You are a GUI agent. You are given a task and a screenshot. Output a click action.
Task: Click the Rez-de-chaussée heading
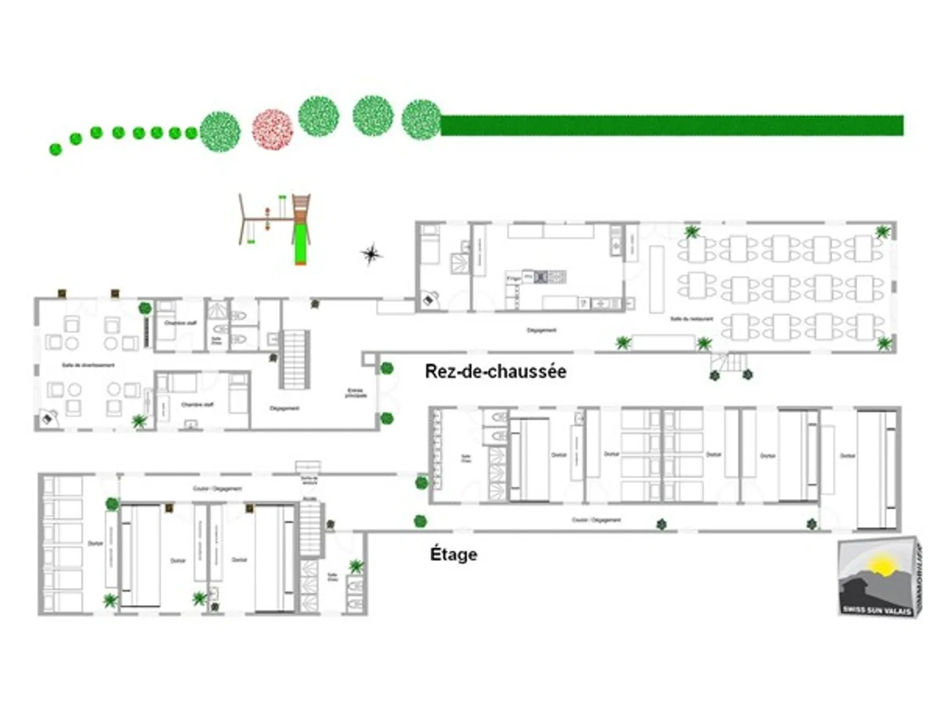click(495, 371)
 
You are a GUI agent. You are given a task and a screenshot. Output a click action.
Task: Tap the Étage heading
click(454, 554)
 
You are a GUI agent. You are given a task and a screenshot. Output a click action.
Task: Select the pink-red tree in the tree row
click(272, 129)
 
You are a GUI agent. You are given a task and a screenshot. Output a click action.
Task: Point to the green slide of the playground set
click(300, 243)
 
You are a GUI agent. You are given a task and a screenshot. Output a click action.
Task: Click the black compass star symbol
click(371, 254)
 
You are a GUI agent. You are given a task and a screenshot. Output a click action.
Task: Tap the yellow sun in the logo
click(881, 564)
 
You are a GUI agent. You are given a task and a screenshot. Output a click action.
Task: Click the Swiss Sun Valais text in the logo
click(877, 609)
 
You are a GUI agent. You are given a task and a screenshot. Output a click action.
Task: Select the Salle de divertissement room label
click(88, 365)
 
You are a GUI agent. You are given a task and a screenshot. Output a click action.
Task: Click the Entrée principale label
click(356, 393)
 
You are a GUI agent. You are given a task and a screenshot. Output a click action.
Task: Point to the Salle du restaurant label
click(692, 319)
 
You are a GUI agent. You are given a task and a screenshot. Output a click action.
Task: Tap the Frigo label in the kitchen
click(513, 278)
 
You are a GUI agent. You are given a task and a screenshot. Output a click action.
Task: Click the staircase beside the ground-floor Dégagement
click(294, 359)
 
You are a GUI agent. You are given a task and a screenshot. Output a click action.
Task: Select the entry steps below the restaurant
click(731, 362)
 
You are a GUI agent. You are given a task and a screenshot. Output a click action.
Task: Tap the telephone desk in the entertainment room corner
click(47, 419)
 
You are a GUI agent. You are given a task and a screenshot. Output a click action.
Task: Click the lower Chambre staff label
click(197, 404)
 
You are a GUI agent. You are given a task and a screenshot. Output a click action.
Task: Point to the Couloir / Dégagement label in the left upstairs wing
click(217, 488)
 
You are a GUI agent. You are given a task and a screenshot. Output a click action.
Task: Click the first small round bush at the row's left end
click(56, 149)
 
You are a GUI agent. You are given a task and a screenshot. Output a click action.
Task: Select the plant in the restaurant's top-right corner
click(882, 232)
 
